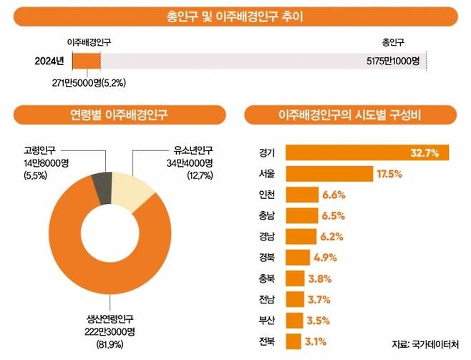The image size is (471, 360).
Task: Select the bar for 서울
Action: [329, 173]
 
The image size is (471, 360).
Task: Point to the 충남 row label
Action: [267, 215]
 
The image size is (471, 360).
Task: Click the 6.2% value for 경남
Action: [331, 236]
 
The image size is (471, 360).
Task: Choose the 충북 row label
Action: [267, 278]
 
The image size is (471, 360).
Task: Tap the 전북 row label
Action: [267, 341]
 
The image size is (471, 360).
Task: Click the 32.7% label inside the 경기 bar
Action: [424, 152]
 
